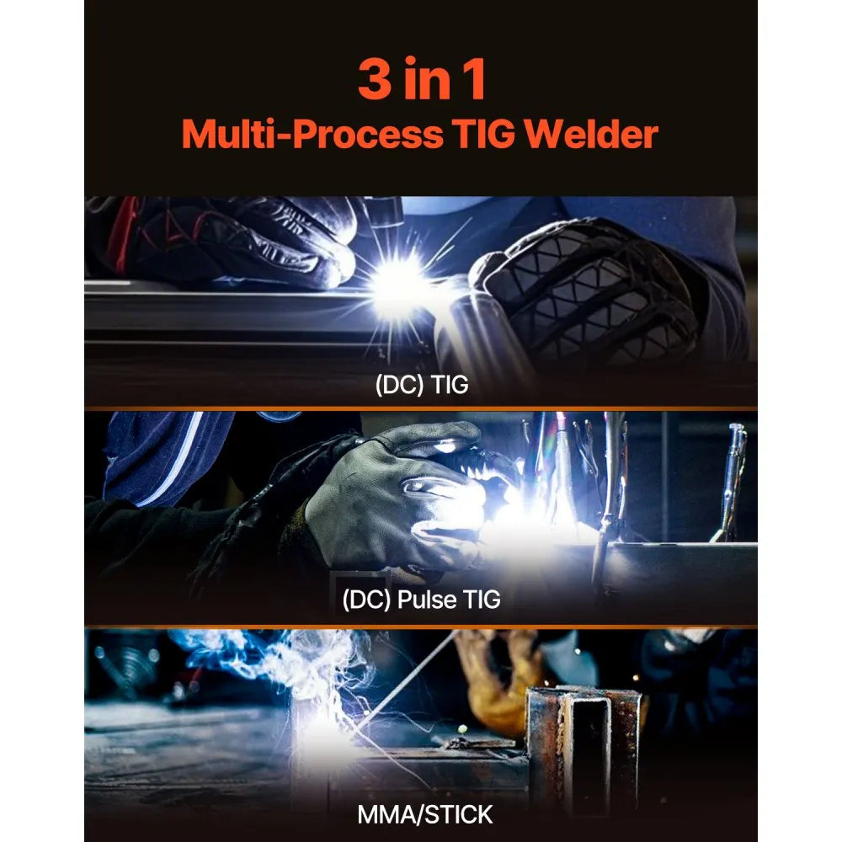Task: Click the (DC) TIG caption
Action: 420,386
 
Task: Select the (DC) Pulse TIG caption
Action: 420,600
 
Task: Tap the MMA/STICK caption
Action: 420,813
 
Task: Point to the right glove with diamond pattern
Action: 589,290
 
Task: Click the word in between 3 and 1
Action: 423,81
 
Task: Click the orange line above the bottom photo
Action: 420,626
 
